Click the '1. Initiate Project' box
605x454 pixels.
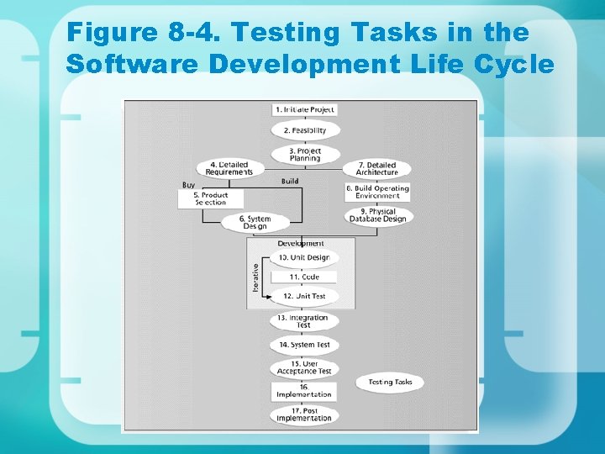[x=304, y=109]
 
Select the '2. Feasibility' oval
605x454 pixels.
[x=304, y=130]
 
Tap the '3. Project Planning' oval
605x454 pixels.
[x=304, y=155]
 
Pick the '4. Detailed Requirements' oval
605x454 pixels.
[x=229, y=168]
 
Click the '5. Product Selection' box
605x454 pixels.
[x=211, y=198]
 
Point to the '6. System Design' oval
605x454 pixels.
[x=255, y=223]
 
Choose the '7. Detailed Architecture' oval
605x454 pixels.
[x=377, y=169]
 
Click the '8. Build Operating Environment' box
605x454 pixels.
[x=377, y=192]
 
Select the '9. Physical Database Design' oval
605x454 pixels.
[x=377, y=215]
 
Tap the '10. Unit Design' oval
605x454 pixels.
[x=304, y=257]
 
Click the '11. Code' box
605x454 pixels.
[x=304, y=277]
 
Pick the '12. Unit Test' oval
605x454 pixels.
[x=304, y=296]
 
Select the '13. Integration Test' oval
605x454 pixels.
[x=304, y=321]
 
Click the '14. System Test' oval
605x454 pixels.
[x=304, y=345]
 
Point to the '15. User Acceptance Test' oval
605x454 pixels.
[x=304, y=367]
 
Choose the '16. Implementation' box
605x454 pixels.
[x=304, y=391]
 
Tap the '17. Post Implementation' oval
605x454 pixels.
[x=304, y=414]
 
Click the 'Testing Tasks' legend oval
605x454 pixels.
[x=390, y=383]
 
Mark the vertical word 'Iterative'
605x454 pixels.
[x=255, y=277]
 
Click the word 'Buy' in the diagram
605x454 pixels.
[x=189, y=185]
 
